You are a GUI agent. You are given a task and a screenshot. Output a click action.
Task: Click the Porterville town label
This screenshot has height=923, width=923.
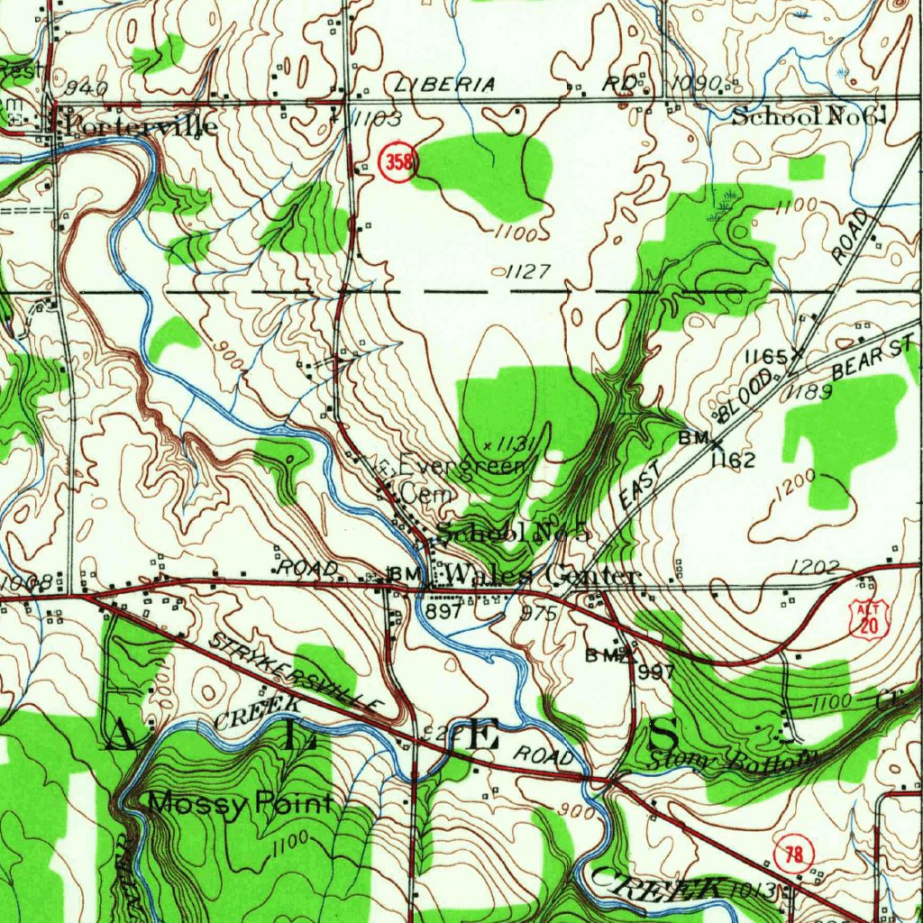coord(137,125)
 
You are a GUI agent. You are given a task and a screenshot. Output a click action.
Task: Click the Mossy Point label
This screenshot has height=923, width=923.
coord(240,802)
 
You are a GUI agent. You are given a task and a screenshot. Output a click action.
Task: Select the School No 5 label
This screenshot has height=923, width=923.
coord(513,532)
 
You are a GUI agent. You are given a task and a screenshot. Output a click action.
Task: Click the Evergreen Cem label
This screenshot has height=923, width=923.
coord(460,479)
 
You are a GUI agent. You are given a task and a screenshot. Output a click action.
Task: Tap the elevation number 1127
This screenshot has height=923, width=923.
coord(526,271)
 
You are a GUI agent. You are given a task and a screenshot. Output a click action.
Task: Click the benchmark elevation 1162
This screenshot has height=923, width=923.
coord(731,461)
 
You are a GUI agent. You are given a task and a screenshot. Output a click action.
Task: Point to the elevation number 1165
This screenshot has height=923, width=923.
coord(766,357)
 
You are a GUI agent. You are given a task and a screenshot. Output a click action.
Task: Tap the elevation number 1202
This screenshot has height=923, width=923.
coord(815,567)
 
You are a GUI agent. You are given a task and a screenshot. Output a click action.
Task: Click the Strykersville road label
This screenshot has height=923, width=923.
coord(297,672)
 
